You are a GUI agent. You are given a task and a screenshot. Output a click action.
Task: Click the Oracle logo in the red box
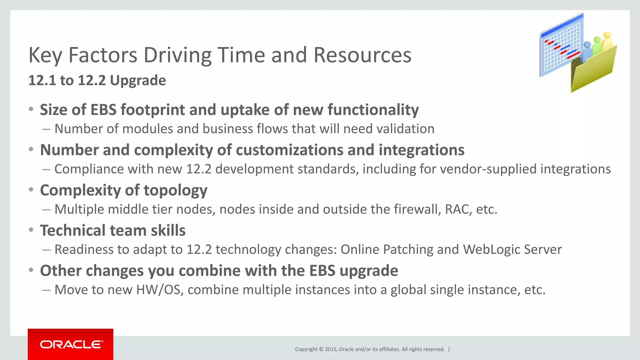click(71, 344)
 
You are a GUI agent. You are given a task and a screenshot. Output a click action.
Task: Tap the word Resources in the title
click(362, 55)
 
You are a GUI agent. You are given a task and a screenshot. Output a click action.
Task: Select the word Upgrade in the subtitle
click(138, 81)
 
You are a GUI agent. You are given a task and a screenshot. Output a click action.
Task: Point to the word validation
click(405, 129)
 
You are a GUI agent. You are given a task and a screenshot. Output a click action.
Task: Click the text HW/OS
click(158, 290)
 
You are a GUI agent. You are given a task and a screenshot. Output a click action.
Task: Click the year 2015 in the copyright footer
click(331, 349)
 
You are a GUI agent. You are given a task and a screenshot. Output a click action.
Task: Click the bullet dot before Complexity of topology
click(31, 190)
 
